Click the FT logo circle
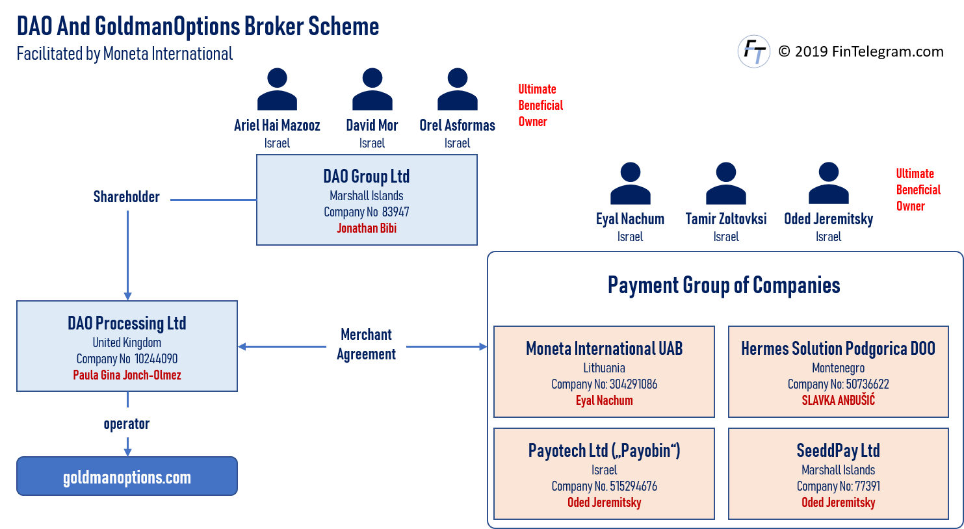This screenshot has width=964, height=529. (x=754, y=52)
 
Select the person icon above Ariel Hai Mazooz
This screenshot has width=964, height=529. (x=277, y=90)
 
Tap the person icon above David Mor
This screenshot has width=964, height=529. (x=372, y=90)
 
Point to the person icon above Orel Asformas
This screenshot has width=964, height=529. (x=457, y=90)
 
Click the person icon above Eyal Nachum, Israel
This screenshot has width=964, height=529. (x=630, y=184)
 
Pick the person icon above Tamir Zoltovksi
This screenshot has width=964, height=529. (x=725, y=184)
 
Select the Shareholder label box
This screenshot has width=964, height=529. (x=127, y=196)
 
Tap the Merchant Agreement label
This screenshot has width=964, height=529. (x=366, y=344)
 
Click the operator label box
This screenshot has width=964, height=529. (x=127, y=423)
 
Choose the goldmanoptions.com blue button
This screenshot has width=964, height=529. (x=127, y=477)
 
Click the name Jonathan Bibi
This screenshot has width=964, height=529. (x=367, y=228)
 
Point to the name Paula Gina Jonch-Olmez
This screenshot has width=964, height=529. (x=127, y=375)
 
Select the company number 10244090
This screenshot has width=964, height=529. (x=156, y=359)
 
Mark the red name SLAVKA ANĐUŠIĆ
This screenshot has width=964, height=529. (x=838, y=400)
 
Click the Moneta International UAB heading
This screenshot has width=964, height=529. (x=604, y=349)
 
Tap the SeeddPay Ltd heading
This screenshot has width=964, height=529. (x=838, y=450)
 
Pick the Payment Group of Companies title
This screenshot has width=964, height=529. (x=723, y=285)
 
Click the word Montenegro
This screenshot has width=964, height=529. (x=838, y=368)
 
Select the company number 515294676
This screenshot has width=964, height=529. (x=633, y=486)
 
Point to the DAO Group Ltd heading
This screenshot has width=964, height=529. (x=367, y=176)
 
